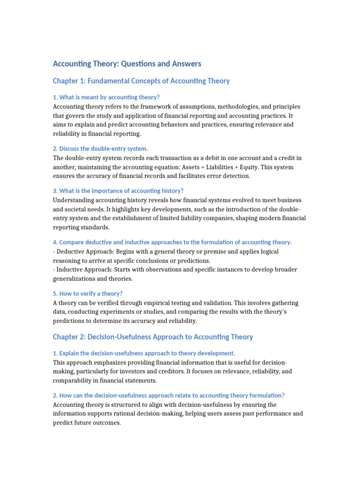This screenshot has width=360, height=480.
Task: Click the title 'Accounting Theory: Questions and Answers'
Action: pyautogui.click(x=127, y=64)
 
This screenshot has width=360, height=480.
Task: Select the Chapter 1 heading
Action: pyautogui.click(x=141, y=81)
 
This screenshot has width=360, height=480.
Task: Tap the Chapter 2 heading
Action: pyautogui.click(x=153, y=337)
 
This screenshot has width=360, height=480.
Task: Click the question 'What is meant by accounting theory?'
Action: pyautogui.click(x=106, y=97)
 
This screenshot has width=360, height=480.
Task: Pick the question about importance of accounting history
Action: pyautogui.click(x=118, y=191)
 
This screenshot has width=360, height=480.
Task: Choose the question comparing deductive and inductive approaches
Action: pyautogui.click(x=172, y=242)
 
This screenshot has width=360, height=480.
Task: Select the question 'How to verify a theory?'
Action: pyautogui.click(x=88, y=293)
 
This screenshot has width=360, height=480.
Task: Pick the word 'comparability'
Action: pyautogui.click(x=75, y=381)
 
